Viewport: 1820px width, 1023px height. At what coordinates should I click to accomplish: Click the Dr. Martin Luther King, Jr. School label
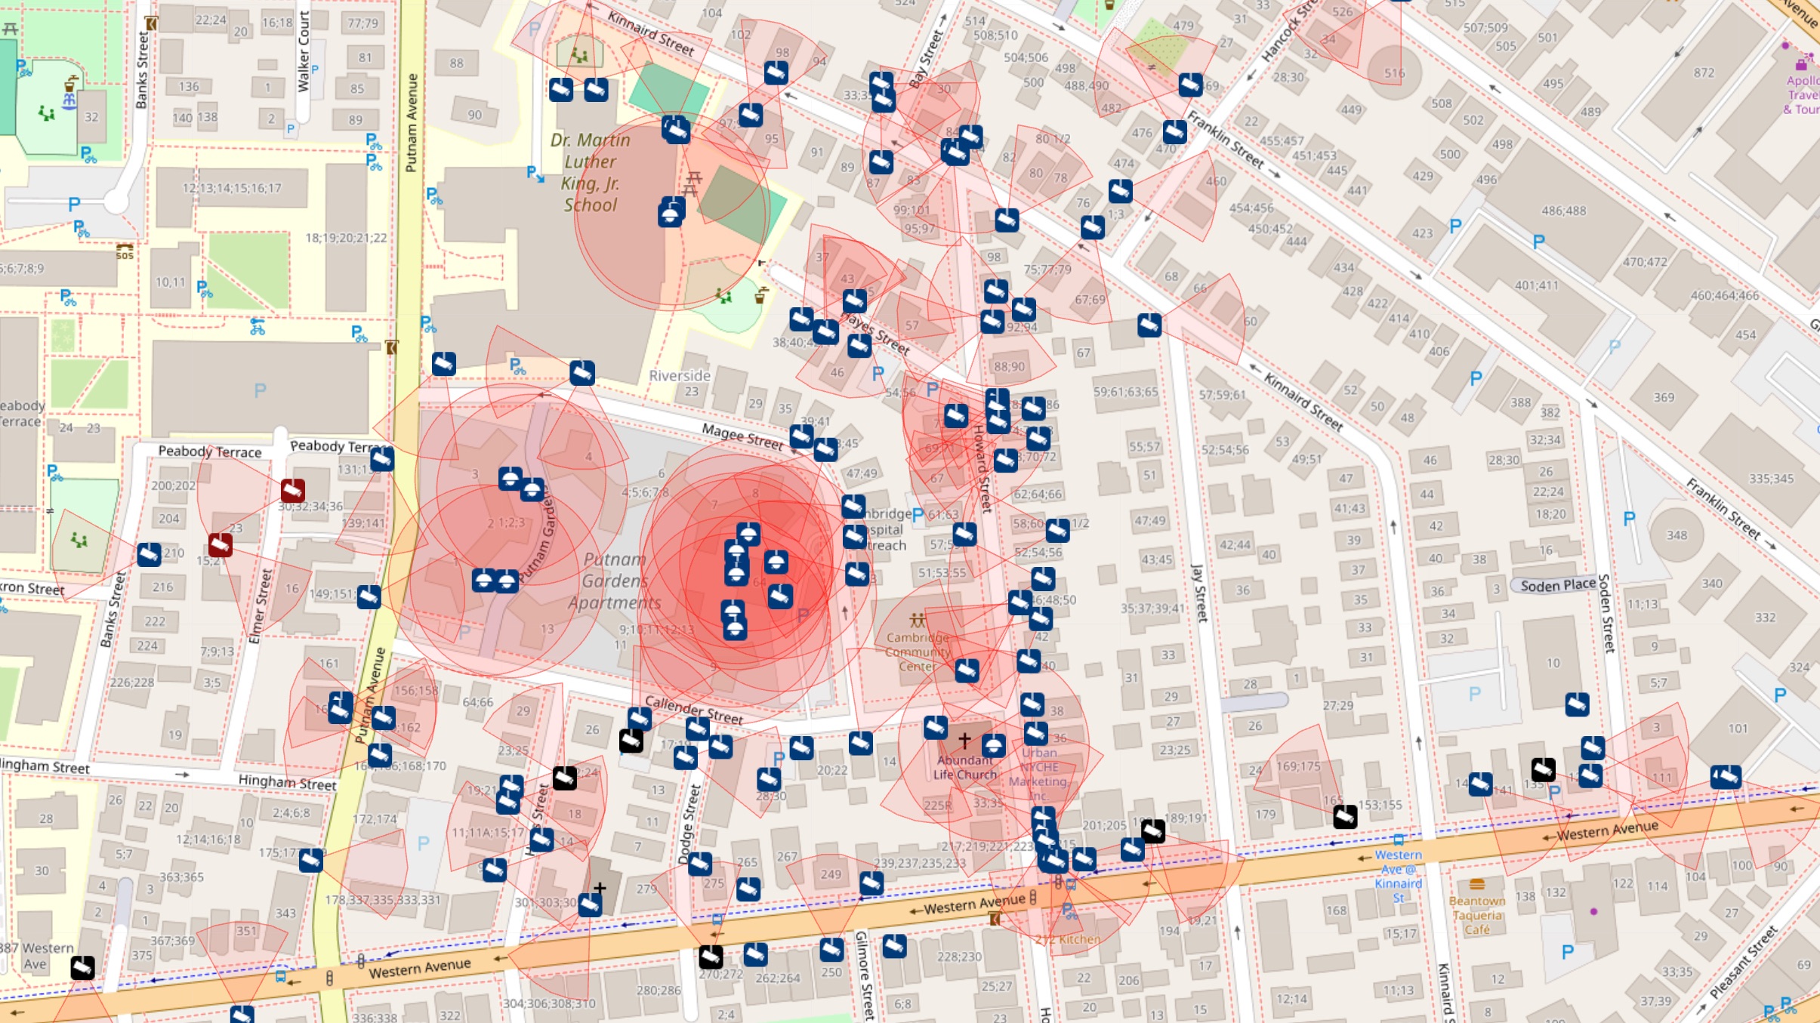point(590,172)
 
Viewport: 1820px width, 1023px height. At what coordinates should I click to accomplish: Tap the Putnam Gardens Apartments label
point(614,581)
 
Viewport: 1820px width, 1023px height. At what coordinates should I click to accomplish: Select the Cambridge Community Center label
point(917,652)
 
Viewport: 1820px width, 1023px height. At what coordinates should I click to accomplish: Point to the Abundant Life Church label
point(965,767)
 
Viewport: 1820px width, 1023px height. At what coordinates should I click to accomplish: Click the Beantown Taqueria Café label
point(1476,915)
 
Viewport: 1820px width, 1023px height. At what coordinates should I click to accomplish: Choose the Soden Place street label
point(1557,585)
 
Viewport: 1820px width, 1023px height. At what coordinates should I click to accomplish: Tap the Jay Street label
point(1198,593)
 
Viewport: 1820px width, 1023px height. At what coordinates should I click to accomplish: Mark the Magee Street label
point(742,436)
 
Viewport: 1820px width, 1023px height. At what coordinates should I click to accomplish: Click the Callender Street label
point(693,709)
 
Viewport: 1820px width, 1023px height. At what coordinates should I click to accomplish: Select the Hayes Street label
point(875,333)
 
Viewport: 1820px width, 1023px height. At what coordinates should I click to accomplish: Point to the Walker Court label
point(304,51)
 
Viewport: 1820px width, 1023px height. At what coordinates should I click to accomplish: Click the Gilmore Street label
point(864,974)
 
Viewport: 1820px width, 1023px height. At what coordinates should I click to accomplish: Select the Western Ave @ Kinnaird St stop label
point(1398,876)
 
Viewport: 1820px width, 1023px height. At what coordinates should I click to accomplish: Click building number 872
point(1703,72)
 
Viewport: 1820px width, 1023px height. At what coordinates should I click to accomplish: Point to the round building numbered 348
point(1677,535)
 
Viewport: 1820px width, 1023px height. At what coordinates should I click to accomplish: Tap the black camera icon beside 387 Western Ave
point(82,967)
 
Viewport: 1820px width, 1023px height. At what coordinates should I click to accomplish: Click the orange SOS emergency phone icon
point(125,251)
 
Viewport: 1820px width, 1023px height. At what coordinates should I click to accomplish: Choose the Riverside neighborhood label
point(680,375)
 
